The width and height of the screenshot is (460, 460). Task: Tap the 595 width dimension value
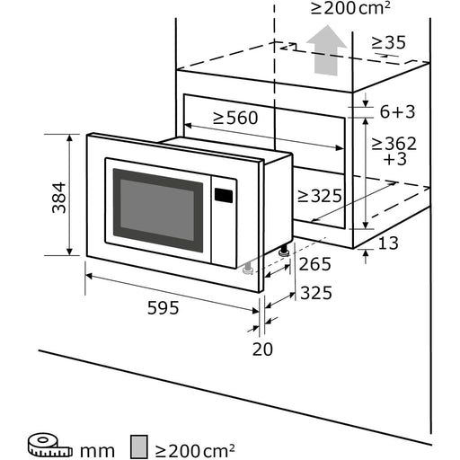(x=163, y=307)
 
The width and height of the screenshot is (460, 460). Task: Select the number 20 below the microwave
(x=261, y=349)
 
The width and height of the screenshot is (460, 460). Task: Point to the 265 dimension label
(x=314, y=263)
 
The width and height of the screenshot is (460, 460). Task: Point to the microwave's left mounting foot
(x=245, y=267)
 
